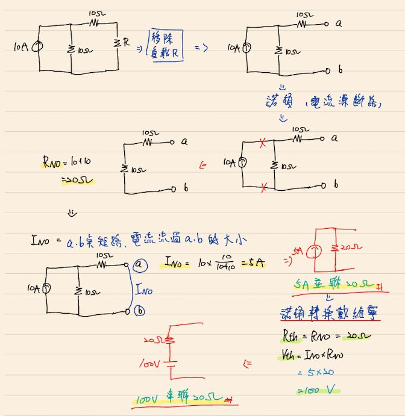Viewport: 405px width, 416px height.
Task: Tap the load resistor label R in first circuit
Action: click(125, 43)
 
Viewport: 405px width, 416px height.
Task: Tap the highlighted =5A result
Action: click(254, 264)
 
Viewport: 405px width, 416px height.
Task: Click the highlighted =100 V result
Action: click(316, 391)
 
